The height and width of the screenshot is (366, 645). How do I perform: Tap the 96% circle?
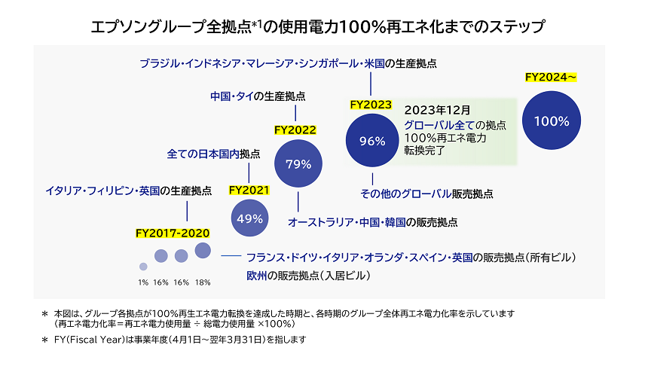click(372, 140)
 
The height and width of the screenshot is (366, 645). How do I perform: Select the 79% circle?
click(298, 164)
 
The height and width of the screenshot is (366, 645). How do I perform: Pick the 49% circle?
click(249, 218)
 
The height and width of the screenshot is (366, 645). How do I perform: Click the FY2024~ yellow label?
click(550, 77)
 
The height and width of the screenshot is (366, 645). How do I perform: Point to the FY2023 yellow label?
click(371, 105)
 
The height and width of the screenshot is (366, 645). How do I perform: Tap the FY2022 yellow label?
click(295, 130)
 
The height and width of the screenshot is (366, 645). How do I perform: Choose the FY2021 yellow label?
click(249, 190)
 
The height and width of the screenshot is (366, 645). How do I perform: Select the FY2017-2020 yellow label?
click(173, 233)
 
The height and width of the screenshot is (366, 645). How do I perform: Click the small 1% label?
click(143, 282)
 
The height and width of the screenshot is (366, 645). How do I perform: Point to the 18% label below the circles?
click(202, 282)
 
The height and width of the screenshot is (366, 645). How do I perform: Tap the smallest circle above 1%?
click(143, 266)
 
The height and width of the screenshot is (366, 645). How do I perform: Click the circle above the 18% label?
click(202, 250)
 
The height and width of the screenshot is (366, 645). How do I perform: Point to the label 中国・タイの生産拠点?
click(258, 96)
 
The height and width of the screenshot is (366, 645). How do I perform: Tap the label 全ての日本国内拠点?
click(213, 154)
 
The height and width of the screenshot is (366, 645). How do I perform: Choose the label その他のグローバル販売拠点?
click(427, 194)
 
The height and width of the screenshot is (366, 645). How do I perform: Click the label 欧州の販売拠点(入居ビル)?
click(309, 276)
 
